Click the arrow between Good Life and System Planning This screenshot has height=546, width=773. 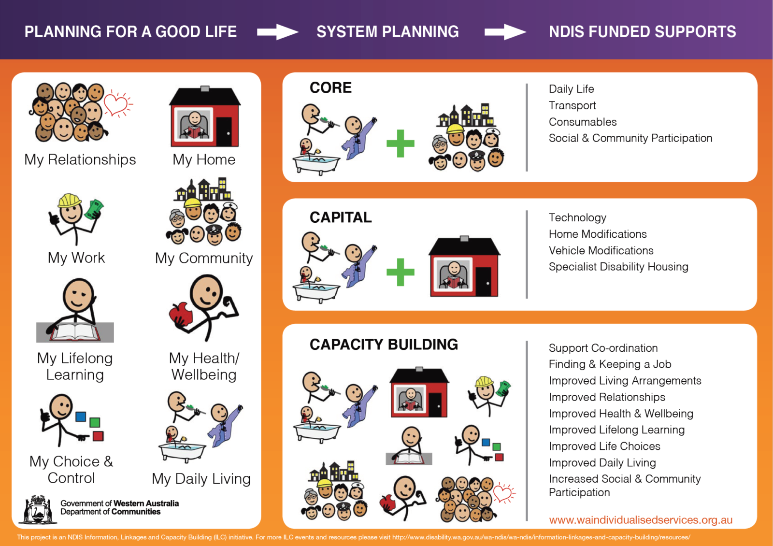[x=277, y=32]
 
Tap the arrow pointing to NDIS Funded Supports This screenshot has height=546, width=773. [x=505, y=32]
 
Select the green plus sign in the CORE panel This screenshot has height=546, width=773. [x=401, y=144]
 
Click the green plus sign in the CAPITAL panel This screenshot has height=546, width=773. [x=401, y=272]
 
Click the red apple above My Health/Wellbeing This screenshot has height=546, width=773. [x=181, y=314]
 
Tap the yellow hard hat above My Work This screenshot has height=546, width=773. [x=70, y=201]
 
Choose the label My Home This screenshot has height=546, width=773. [x=204, y=160]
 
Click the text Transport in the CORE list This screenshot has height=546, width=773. [x=572, y=105]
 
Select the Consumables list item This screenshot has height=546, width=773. [x=583, y=122]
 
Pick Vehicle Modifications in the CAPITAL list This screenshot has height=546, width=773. [x=601, y=250]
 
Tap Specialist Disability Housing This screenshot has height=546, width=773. [x=618, y=267]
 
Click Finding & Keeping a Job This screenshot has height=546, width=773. [x=610, y=364]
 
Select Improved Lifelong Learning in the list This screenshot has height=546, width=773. [x=616, y=430]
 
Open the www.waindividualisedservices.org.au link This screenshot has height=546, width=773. [x=641, y=520]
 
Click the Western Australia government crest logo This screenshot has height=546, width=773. [x=38, y=509]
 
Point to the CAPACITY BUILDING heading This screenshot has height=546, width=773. [x=384, y=345]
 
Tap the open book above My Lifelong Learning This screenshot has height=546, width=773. [x=75, y=331]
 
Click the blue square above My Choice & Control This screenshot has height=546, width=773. [x=81, y=417]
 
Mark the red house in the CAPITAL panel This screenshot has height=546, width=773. [x=464, y=266]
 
